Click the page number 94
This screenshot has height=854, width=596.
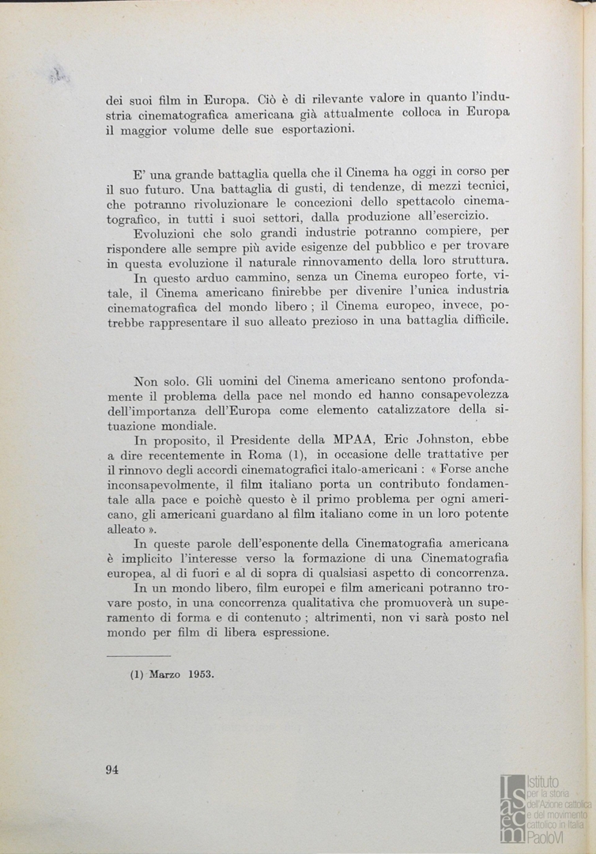[x=111, y=771]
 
